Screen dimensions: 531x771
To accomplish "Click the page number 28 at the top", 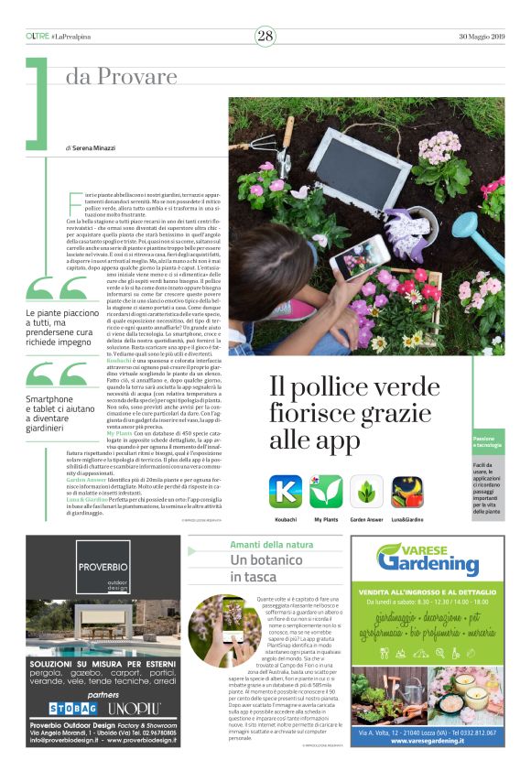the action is coord(265,36).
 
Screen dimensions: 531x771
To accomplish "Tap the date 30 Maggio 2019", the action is coord(481,36).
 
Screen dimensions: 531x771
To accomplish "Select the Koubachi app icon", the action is coord(285,492).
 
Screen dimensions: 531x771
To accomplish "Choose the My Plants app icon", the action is coord(326,492).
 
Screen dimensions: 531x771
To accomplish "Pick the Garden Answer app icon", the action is coord(366,492).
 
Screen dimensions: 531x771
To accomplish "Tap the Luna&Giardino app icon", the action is coord(406,492).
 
